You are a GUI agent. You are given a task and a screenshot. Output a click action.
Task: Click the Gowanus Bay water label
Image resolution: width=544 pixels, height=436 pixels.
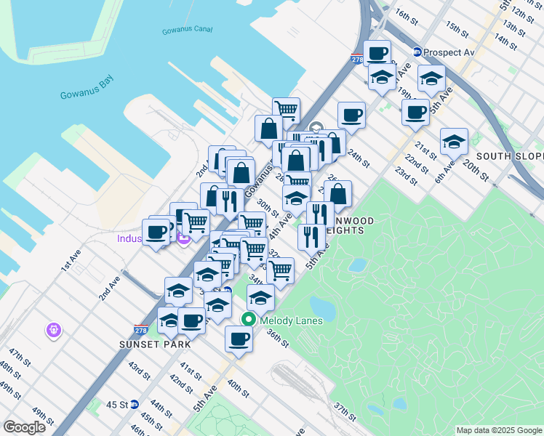click(87, 95)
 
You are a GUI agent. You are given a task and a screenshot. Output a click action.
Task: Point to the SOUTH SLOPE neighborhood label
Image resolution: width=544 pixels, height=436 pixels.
click(510, 156)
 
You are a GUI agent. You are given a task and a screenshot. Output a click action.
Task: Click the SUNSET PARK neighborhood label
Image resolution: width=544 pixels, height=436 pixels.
click(156, 343)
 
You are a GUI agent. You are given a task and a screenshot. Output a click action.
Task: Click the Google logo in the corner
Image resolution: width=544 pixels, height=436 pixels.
click(25, 427)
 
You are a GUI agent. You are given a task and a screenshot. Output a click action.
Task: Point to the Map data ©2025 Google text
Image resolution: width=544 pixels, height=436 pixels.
click(499, 430)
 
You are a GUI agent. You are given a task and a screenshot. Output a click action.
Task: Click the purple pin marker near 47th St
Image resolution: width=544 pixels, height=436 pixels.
click(52, 331)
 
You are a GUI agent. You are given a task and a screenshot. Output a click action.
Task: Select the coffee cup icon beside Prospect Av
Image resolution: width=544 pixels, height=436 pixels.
click(377, 52)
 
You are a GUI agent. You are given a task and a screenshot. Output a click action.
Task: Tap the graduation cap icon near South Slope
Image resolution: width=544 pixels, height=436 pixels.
click(454, 140)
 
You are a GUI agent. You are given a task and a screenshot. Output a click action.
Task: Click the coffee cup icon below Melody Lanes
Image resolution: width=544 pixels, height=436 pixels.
click(239, 338)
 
